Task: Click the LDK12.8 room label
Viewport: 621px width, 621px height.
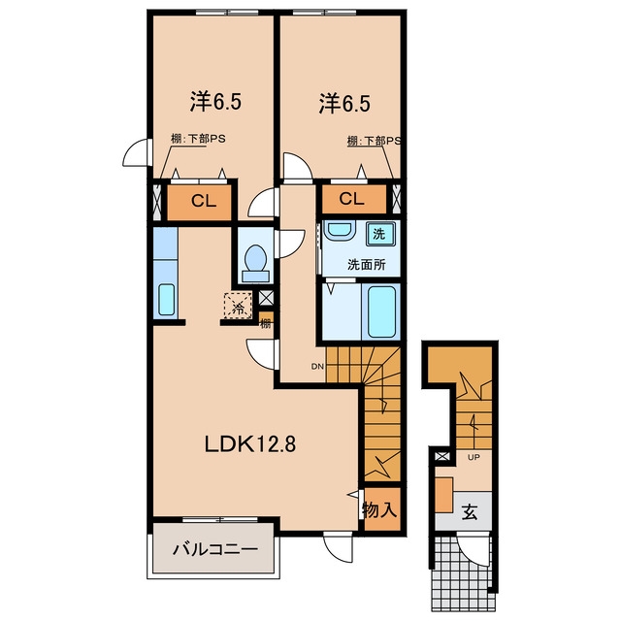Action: pos(250,444)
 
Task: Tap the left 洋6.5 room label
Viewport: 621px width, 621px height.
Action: pos(215,102)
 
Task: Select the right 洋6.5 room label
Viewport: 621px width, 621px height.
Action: pos(344,104)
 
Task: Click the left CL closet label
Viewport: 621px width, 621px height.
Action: pos(204,201)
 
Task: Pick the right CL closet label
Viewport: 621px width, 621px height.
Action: pos(351,198)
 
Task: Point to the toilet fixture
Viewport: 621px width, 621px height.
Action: pos(255,263)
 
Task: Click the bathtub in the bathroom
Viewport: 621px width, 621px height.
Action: pos(381,311)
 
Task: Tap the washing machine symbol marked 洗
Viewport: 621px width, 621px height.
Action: pos(380,234)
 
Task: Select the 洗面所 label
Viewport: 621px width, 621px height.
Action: pos(367,265)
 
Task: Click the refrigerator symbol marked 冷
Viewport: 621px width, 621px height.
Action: pos(238,305)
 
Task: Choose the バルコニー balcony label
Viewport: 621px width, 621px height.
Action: pos(215,549)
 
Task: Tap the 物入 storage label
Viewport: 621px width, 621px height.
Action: pos(379,509)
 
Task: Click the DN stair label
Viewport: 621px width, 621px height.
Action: pos(317,367)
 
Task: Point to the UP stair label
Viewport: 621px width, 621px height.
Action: pos(474,457)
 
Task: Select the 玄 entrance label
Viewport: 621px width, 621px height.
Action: pos(470,512)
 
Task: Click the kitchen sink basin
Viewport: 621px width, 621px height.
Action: pos(166,300)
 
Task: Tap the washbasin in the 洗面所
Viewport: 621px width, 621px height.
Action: pos(339,229)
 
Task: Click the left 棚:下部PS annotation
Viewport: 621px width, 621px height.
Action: pos(198,139)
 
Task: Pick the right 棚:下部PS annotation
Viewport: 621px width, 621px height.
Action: pos(374,141)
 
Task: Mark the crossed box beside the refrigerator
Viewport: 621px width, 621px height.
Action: pos(266,298)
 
